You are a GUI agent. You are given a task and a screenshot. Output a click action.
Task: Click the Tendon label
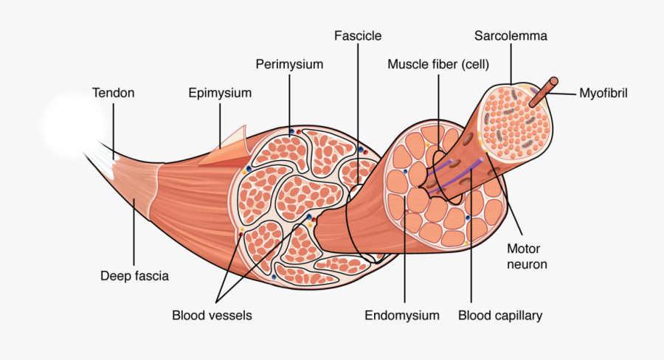[113, 93]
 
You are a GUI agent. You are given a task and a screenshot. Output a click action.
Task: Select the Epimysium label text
[220, 93]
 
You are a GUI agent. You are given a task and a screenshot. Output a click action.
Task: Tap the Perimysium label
[289, 64]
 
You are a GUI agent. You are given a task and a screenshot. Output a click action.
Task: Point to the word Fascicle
[358, 35]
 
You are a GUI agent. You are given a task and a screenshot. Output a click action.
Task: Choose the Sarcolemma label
[511, 35]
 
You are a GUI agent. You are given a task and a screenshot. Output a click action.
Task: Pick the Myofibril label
[603, 94]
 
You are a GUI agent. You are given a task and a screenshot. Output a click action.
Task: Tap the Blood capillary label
[500, 316]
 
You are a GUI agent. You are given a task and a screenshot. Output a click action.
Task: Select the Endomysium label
[402, 316]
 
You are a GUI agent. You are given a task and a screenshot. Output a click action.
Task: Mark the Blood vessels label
[212, 316]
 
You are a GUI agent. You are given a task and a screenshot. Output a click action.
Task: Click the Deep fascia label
[134, 277]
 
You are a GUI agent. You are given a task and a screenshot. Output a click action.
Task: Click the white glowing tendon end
[70, 122]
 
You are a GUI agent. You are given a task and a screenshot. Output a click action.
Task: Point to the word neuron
[527, 263]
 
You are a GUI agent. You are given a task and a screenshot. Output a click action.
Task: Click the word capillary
[519, 316]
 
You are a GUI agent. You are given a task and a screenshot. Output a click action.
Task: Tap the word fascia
[151, 277]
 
